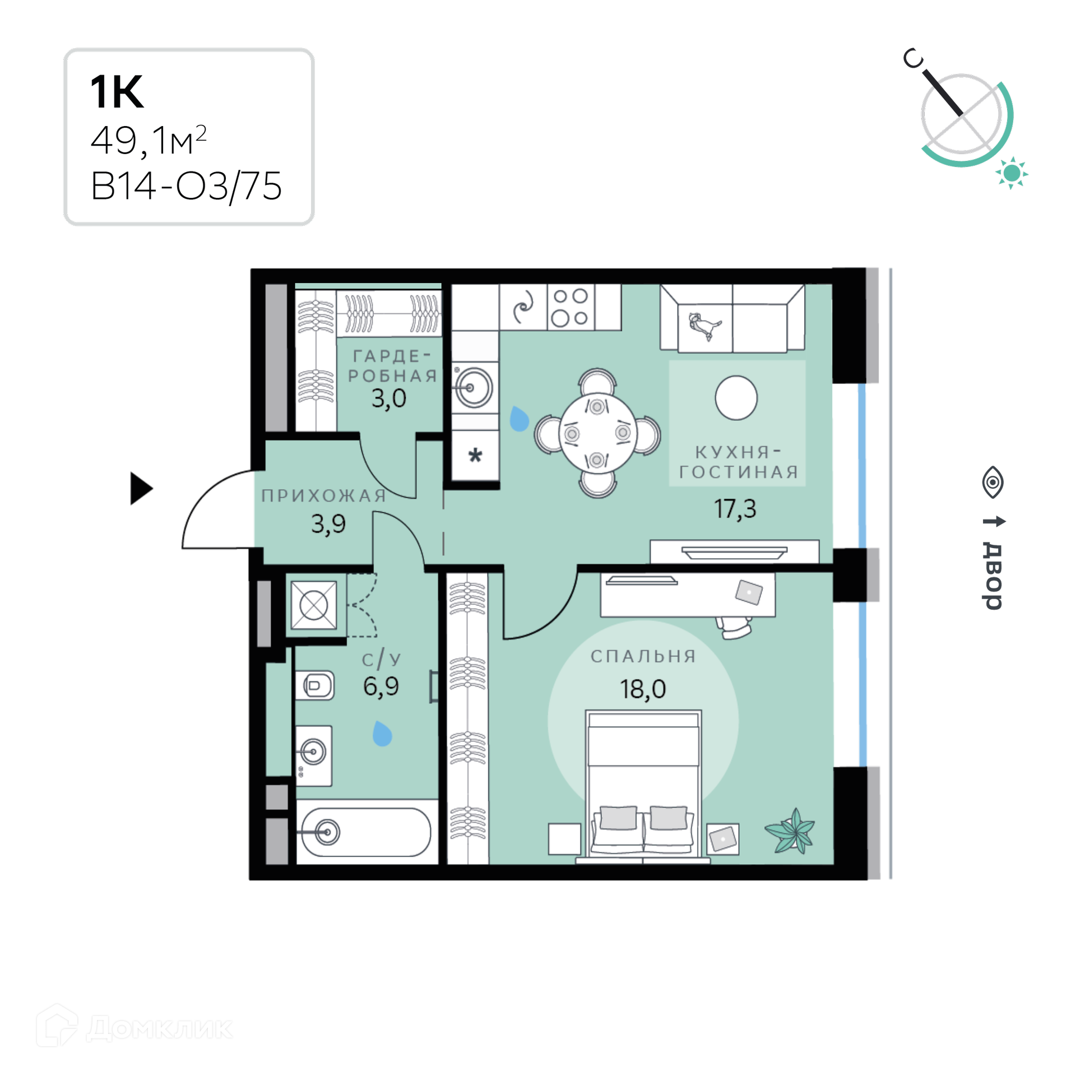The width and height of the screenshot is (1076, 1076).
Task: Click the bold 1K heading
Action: [117, 91]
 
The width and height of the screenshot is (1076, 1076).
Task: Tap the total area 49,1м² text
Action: [149, 140]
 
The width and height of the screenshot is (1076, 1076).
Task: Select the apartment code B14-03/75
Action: [186, 185]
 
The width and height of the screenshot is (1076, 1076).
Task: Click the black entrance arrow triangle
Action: [141, 488]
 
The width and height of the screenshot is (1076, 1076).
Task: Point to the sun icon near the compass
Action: [1012, 173]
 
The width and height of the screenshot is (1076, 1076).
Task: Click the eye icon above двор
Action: [992, 482]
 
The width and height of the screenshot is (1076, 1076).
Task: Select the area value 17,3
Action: [735, 509]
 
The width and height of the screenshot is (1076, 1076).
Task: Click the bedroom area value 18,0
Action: [643, 689]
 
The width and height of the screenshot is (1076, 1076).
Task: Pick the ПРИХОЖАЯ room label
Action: [324, 495]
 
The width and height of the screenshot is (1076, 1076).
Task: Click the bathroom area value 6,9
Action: [381, 687]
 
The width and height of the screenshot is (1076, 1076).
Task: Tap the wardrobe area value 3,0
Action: [388, 398]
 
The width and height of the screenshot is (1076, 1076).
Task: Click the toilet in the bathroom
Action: [314, 685]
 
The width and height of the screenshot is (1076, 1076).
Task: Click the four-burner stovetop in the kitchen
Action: [571, 307]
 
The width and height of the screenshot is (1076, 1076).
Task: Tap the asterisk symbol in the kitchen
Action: [475, 455]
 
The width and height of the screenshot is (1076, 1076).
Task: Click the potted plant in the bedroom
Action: [790, 831]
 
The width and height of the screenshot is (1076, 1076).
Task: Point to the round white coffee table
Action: [736, 398]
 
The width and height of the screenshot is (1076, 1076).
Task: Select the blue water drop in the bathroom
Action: [382, 734]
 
